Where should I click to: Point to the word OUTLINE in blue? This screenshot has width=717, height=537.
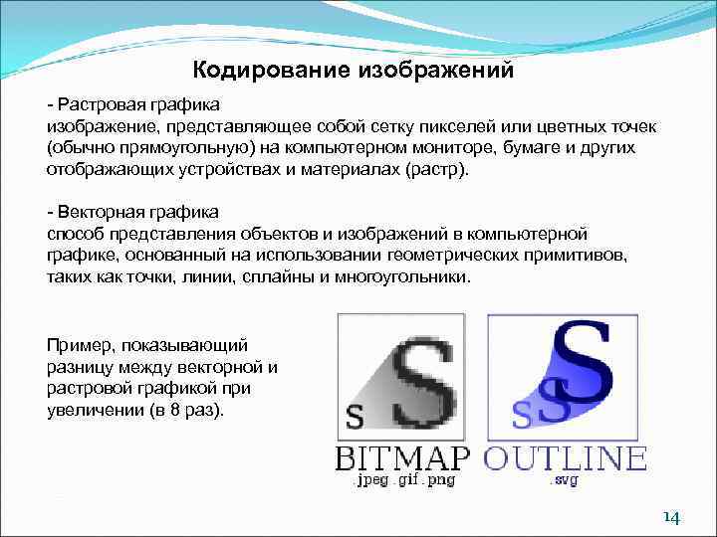click(565, 457)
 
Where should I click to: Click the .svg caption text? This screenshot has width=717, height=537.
click(563, 480)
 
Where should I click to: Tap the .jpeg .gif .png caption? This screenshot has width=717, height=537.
click(403, 480)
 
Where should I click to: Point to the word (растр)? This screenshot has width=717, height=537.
click(436, 169)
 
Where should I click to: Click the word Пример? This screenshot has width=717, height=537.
click(79, 345)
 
